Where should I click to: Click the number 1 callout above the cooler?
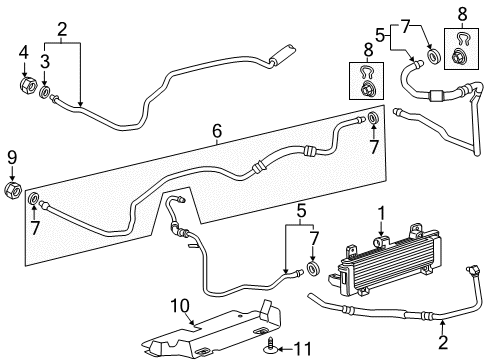381,211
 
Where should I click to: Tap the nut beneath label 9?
12,190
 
